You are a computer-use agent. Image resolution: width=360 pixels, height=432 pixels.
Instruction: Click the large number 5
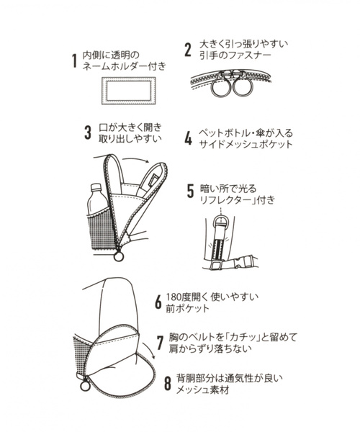(x=190, y=192)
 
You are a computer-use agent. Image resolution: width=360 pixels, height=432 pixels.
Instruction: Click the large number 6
(x=158, y=302)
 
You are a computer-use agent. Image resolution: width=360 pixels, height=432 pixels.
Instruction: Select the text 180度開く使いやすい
(x=212, y=296)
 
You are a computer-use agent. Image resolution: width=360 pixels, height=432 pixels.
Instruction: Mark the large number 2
(x=186, y=50)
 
